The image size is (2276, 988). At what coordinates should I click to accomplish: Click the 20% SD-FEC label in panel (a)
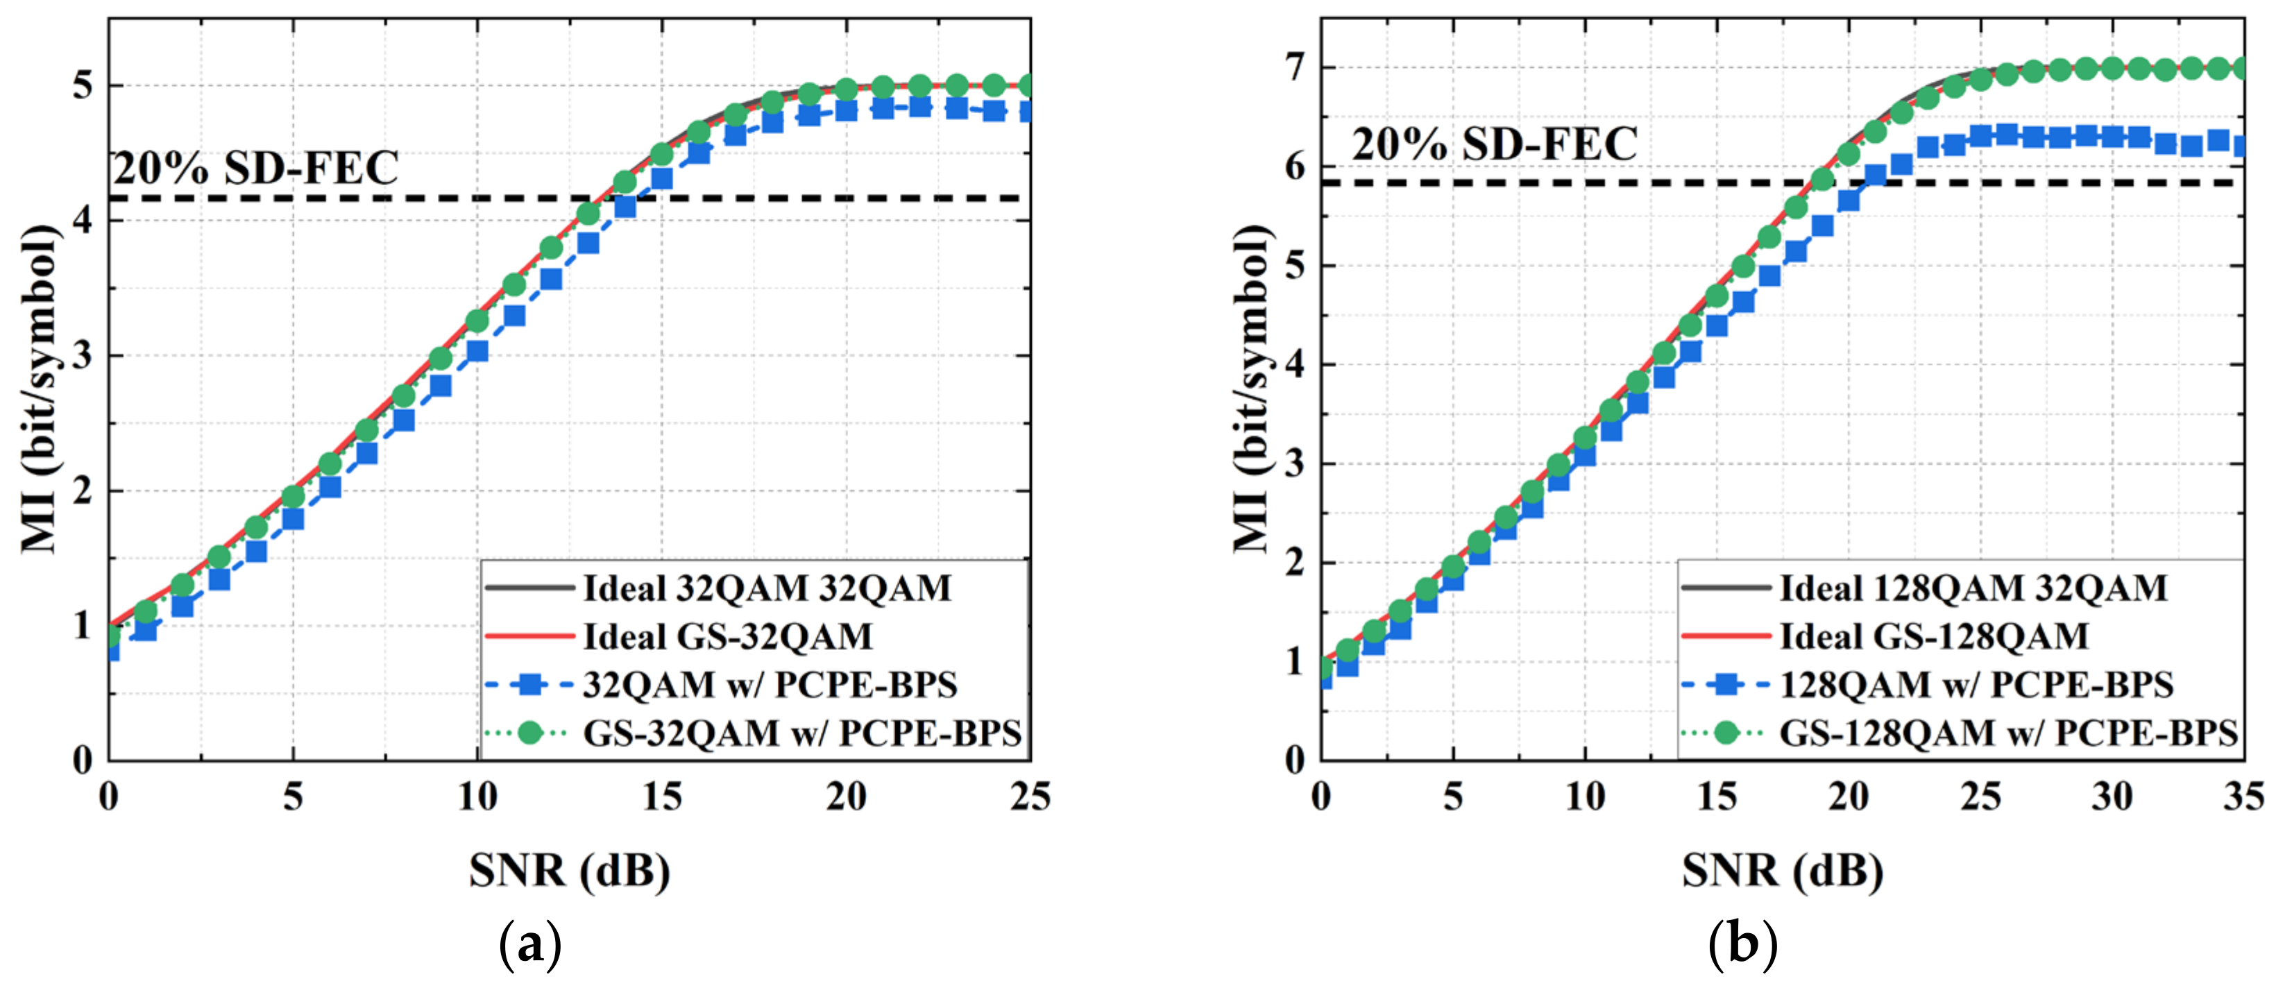pyautogui.click(x=256, y=168)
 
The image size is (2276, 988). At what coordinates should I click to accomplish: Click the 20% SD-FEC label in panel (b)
pyautogui.click(x=1495, y=144)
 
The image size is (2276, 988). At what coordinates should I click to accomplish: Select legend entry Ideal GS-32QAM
pyautogui.click(x=727, y=636)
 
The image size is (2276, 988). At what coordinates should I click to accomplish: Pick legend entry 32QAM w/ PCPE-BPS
pyautogui.click(x=770, y=685)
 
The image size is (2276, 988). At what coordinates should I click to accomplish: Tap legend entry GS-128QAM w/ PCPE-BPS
pyautogui.click(x=2007, y=733)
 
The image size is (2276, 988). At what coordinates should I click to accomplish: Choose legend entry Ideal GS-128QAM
pyautogui.click(x=1934, y=636)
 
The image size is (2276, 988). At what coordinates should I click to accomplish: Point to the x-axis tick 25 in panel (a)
pyautogui.click(x=1029, y=798)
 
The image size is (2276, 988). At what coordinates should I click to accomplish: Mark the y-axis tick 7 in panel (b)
pyautogui.click(x=1296, y=68)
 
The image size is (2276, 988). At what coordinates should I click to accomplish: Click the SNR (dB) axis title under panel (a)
pyautogui.click(x=569, y=871)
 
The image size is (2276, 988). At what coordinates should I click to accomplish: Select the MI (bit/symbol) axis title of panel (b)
pyautogui.click(x=1253, y=389)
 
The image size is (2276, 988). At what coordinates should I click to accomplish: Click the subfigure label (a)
pyautogui.click(x=530, y=946)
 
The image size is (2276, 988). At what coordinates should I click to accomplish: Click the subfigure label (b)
pyautogui.click(x=1742, y=946)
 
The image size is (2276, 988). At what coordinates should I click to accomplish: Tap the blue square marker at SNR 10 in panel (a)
pyautogui.click(x=477, y=351)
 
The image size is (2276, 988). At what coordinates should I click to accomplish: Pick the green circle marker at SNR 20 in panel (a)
pyautogui.click(x=846, y=90)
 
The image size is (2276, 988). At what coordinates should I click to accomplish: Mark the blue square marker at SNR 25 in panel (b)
pyautogui.click(x=1981, y=136)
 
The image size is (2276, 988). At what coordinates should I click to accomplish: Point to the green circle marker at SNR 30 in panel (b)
pyautogui.click(x=2112, y=68)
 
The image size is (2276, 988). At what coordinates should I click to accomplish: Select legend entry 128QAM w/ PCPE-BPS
pyautogui.click(x=1976, y=685)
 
